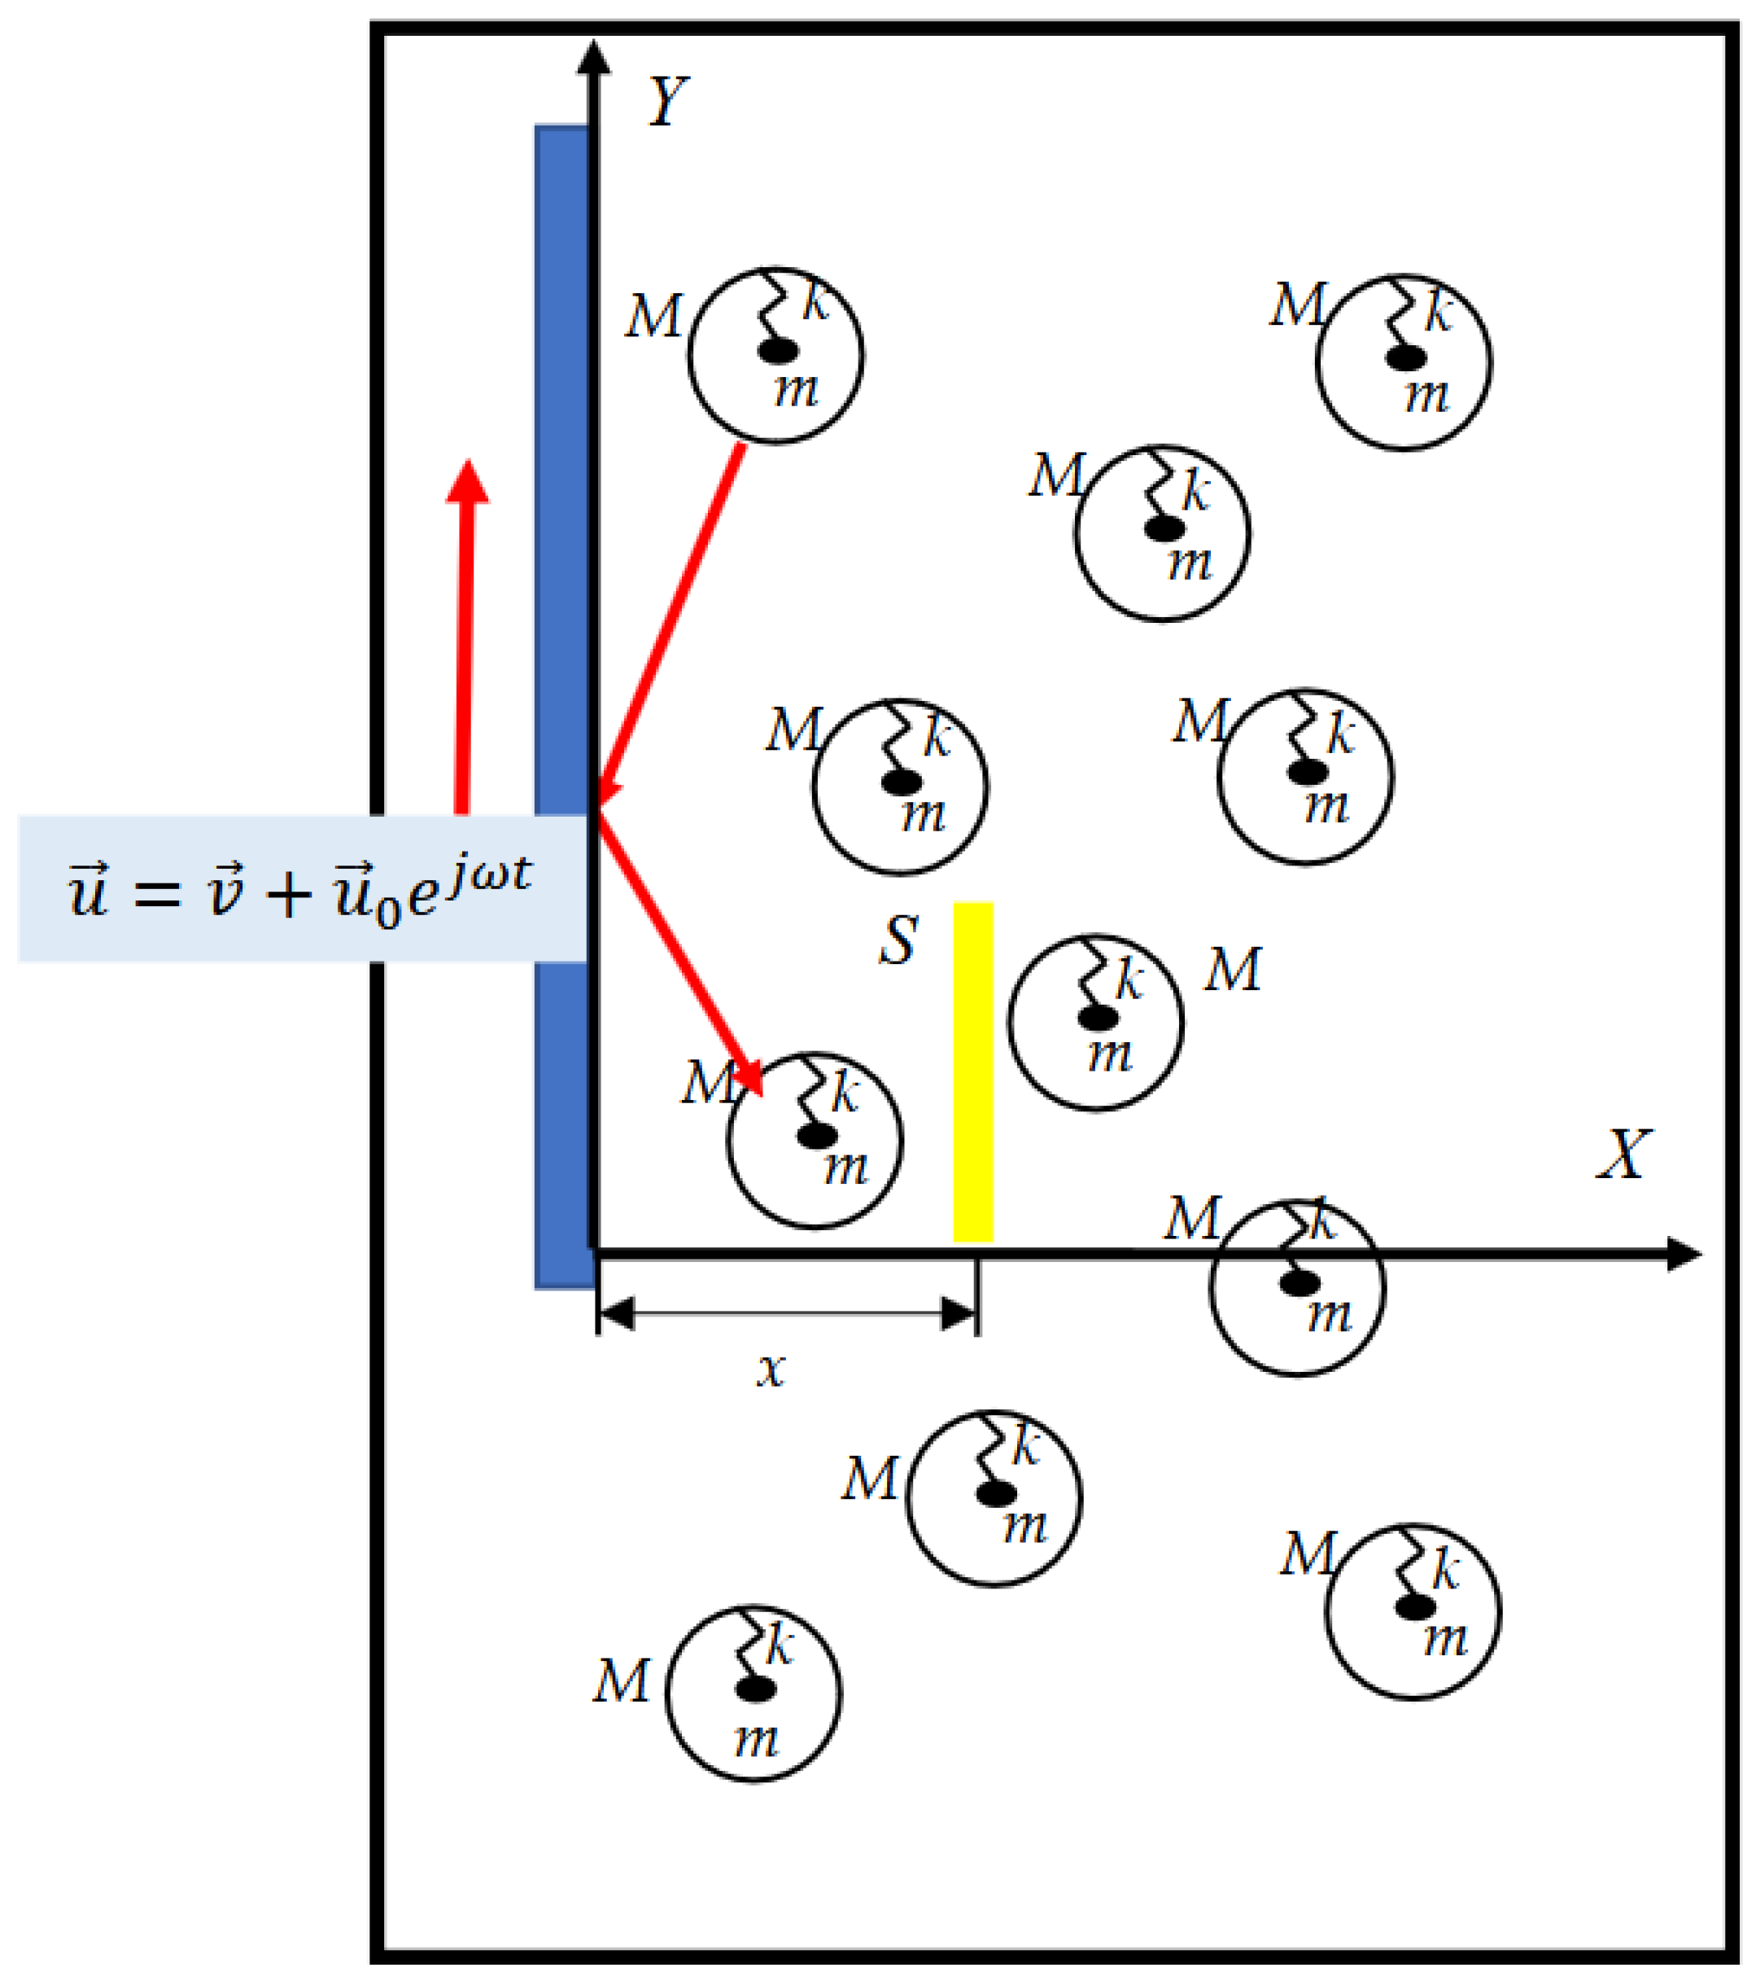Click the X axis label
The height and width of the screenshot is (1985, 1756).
1623,1155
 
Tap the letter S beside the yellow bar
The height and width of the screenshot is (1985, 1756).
898,940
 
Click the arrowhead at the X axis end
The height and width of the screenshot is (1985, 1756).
1684,1254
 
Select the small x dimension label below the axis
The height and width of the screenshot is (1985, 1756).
771,1369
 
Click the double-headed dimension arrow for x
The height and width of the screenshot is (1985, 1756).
786,1314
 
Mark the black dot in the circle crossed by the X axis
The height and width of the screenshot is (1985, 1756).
1299,1283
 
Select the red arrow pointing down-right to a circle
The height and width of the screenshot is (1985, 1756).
679,952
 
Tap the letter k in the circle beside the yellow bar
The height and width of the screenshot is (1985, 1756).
1127,978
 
